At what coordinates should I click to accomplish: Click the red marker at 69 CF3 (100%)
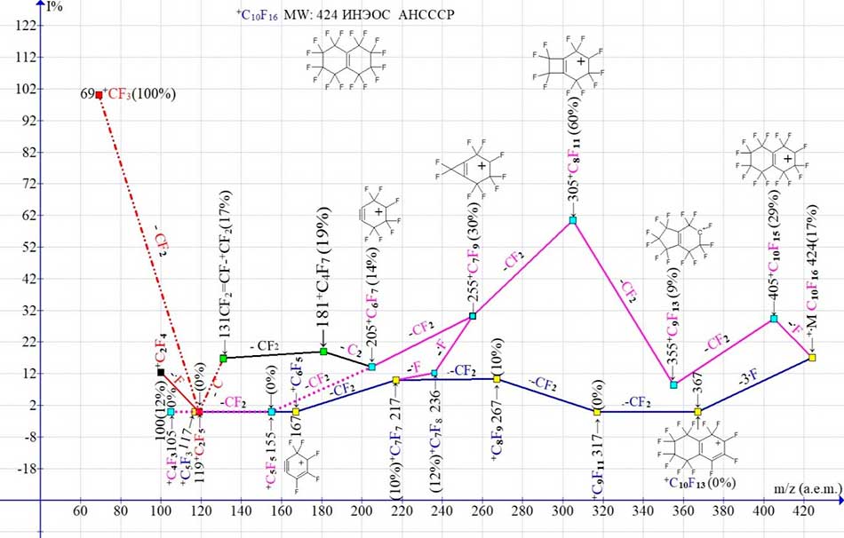click(x=99, y=94)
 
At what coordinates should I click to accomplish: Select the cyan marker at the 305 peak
click(x=573, y=219)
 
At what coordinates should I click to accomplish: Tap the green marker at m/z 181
click(x=323, y=352)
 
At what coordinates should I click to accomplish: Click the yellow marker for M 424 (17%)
click(x=812, y=357)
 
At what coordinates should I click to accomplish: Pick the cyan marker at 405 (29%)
click(x=774, y=318)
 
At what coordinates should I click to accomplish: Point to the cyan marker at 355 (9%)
click(x=673, y=384)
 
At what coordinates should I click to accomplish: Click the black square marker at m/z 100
click(x=161, y=372)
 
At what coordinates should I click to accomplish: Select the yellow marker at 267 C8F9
click(x=497, y=379)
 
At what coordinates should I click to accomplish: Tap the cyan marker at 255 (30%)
click(x=473, y=315)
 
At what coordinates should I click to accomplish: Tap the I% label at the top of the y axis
click(x=55, y=7)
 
